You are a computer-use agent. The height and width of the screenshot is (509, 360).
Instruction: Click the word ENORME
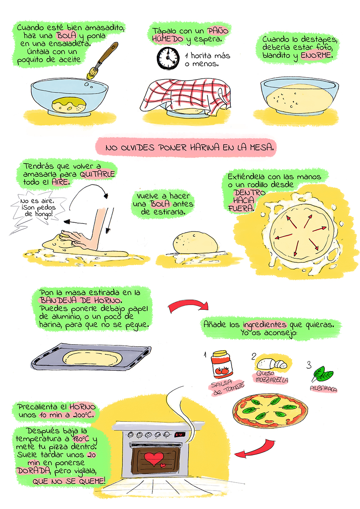316,56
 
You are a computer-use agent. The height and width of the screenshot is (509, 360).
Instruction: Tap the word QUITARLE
97,174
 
